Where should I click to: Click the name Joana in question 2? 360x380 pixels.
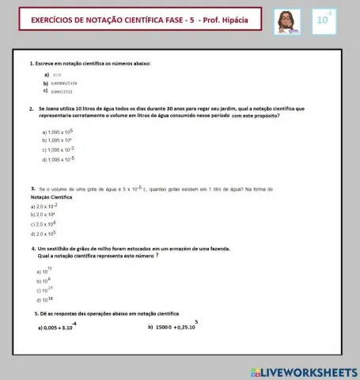[x=57, y=108]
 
